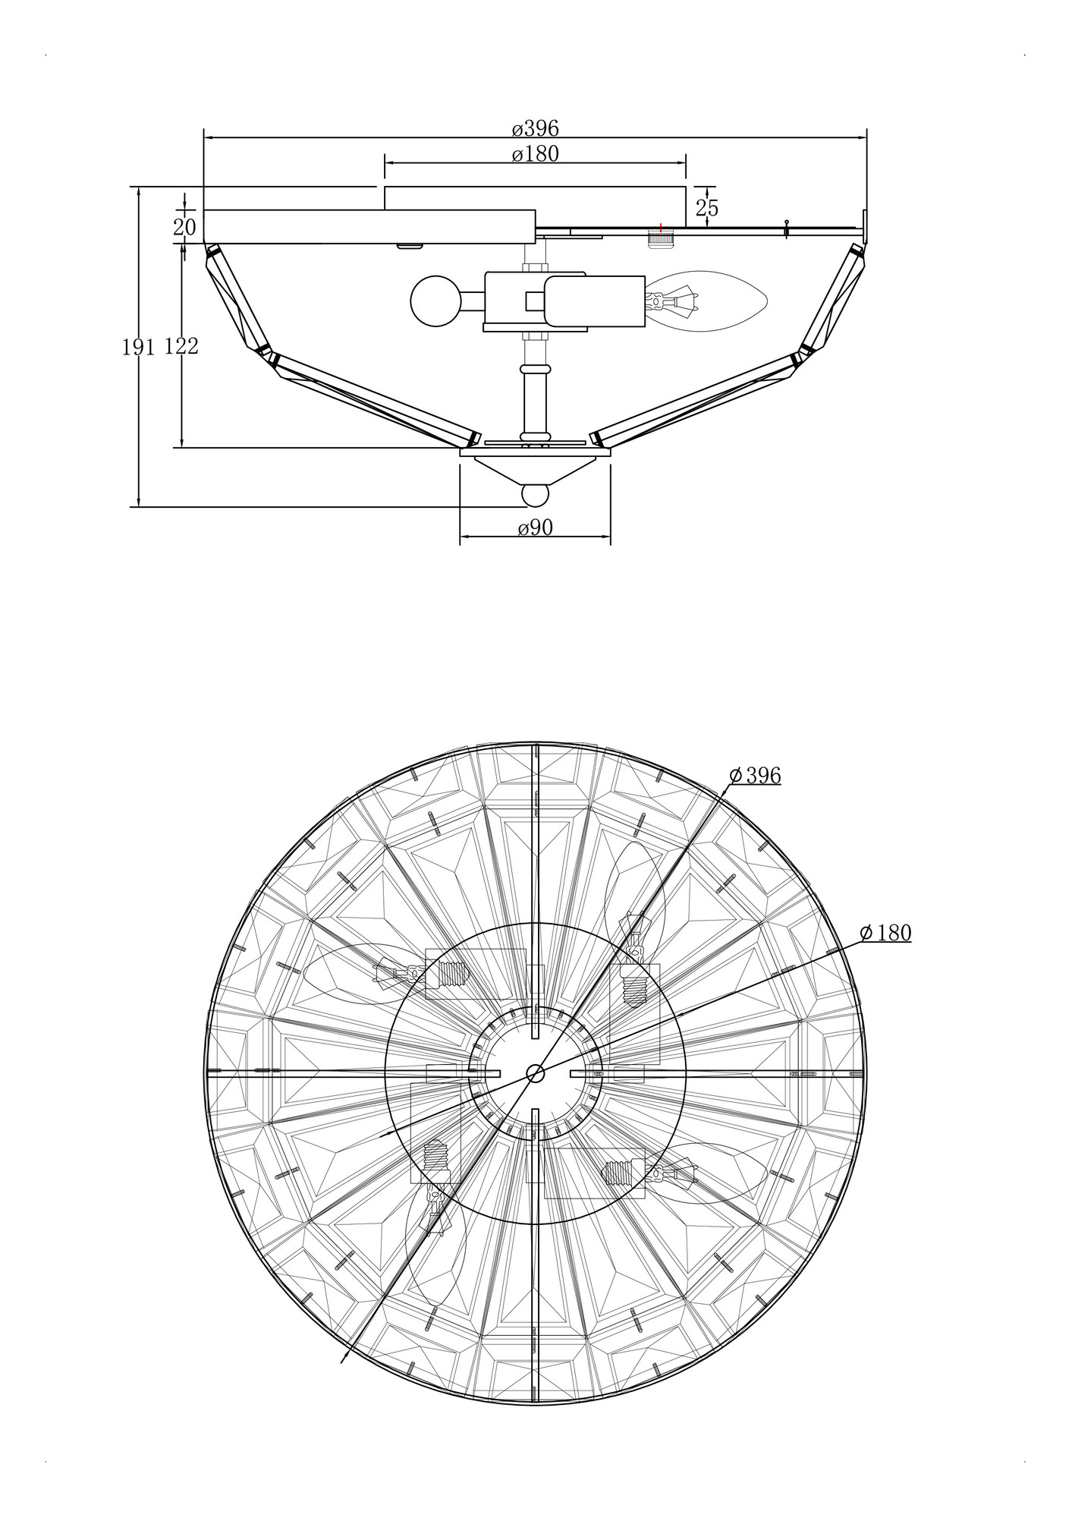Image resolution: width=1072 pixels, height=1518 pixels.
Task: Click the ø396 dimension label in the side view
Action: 535,128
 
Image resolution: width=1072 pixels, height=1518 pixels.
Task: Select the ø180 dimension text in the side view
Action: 535,154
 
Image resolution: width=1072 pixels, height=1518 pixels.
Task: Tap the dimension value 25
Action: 706,208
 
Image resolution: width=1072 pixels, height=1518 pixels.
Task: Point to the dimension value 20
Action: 184,227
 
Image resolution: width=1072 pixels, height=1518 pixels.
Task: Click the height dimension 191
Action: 139,347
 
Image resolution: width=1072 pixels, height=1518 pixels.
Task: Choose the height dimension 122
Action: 181,346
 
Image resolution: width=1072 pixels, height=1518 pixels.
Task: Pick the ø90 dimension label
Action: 535,528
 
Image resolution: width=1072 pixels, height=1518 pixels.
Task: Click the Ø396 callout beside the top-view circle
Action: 755,775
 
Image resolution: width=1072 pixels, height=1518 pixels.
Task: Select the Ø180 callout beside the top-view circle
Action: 885,933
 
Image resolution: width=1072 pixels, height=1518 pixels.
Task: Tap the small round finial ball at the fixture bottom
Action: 535,495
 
